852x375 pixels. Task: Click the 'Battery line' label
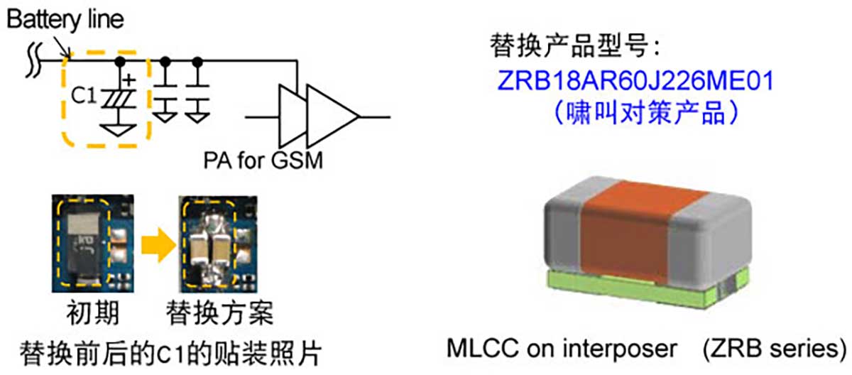click(65, 19)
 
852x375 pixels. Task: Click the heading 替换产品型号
click(572, 48)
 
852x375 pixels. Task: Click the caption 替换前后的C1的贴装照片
click(171, 350)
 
